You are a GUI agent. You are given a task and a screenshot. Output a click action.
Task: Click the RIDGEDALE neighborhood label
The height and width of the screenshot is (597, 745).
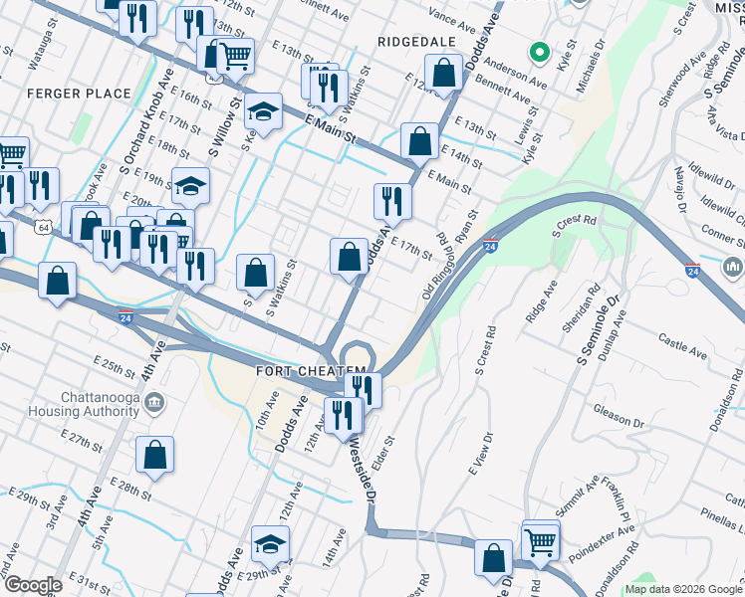click(x=416, y=42)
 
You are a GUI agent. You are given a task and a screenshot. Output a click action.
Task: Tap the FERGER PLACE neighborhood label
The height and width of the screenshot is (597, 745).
click(x=80, y=94)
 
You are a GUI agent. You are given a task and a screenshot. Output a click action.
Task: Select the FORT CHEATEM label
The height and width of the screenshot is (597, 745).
click(x=304, y=371)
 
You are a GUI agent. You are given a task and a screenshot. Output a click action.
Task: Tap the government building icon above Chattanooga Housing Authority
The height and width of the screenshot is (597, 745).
click(x=154, y=402)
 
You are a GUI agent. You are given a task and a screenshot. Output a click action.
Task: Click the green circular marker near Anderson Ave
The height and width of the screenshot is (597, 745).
click(x=538, y=52)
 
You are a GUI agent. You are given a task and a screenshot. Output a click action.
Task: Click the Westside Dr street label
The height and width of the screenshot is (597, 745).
click(x=360, y=469)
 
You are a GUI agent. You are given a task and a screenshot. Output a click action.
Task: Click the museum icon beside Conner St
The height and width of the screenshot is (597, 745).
click(x=733, y=268)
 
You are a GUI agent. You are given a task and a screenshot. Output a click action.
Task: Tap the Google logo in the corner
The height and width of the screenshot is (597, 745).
click(x=32, y=585)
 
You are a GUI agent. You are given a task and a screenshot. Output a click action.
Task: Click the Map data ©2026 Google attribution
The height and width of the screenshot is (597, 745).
click(x=683, y=589)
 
